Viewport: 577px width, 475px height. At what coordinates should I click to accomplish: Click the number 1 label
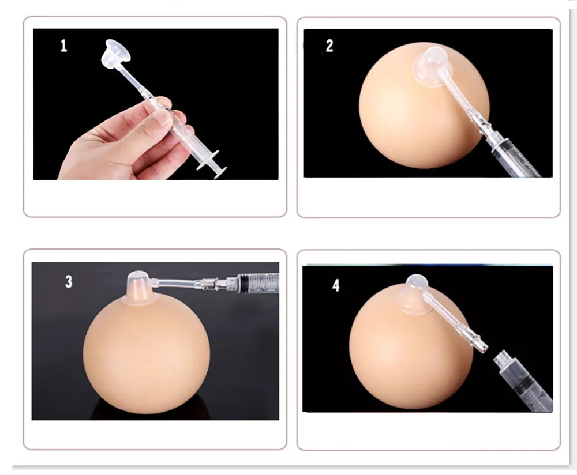coord(63,46)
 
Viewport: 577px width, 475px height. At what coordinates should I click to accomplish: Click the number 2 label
coord(329,46)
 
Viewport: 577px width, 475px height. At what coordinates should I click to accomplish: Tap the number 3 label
coord(69,282)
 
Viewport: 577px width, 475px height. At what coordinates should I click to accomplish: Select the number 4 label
coord(336,286)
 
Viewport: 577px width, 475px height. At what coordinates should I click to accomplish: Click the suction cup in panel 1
coord(115,53)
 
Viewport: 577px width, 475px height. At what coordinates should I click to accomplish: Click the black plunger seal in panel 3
coord(243,282)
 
